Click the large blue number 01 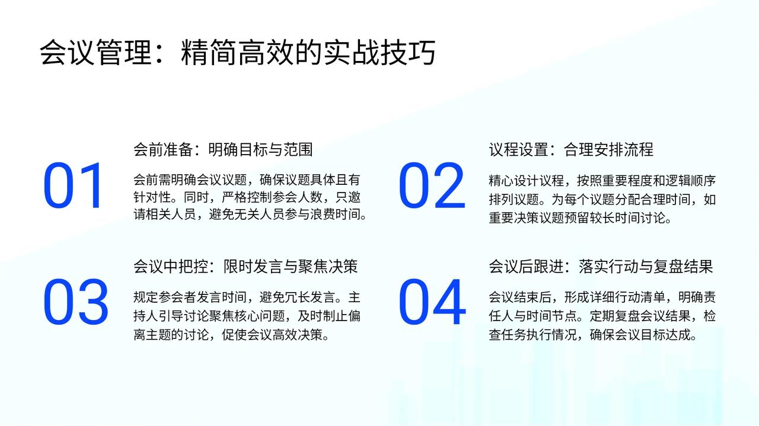72,185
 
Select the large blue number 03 76,302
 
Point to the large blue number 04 432,302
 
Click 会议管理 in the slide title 96,53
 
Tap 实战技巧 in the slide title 380,53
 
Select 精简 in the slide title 209,53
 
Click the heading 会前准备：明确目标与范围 223,149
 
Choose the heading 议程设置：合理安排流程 571,149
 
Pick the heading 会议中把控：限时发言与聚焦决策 245,267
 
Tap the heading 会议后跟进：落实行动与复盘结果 601,267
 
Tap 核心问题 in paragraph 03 260,316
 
